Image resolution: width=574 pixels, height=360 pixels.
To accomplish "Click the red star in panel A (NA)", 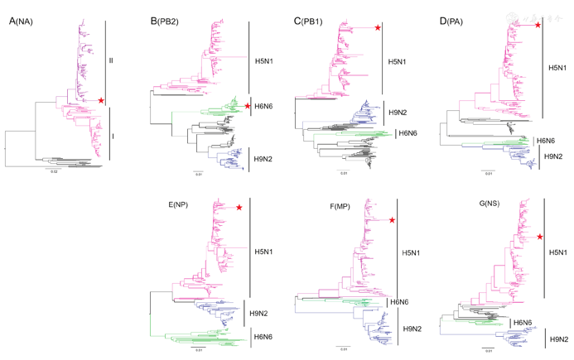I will point(101,100).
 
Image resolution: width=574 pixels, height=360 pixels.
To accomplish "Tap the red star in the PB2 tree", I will point(247,106).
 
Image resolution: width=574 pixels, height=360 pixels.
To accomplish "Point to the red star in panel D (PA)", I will point(538,26).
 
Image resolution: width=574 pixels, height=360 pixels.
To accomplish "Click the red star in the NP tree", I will point(239,208).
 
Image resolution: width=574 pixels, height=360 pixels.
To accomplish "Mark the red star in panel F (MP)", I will point(392,219).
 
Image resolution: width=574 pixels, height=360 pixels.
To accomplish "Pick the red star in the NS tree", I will point(540,238).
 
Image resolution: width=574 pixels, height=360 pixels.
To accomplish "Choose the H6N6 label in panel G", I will point(523,323).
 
